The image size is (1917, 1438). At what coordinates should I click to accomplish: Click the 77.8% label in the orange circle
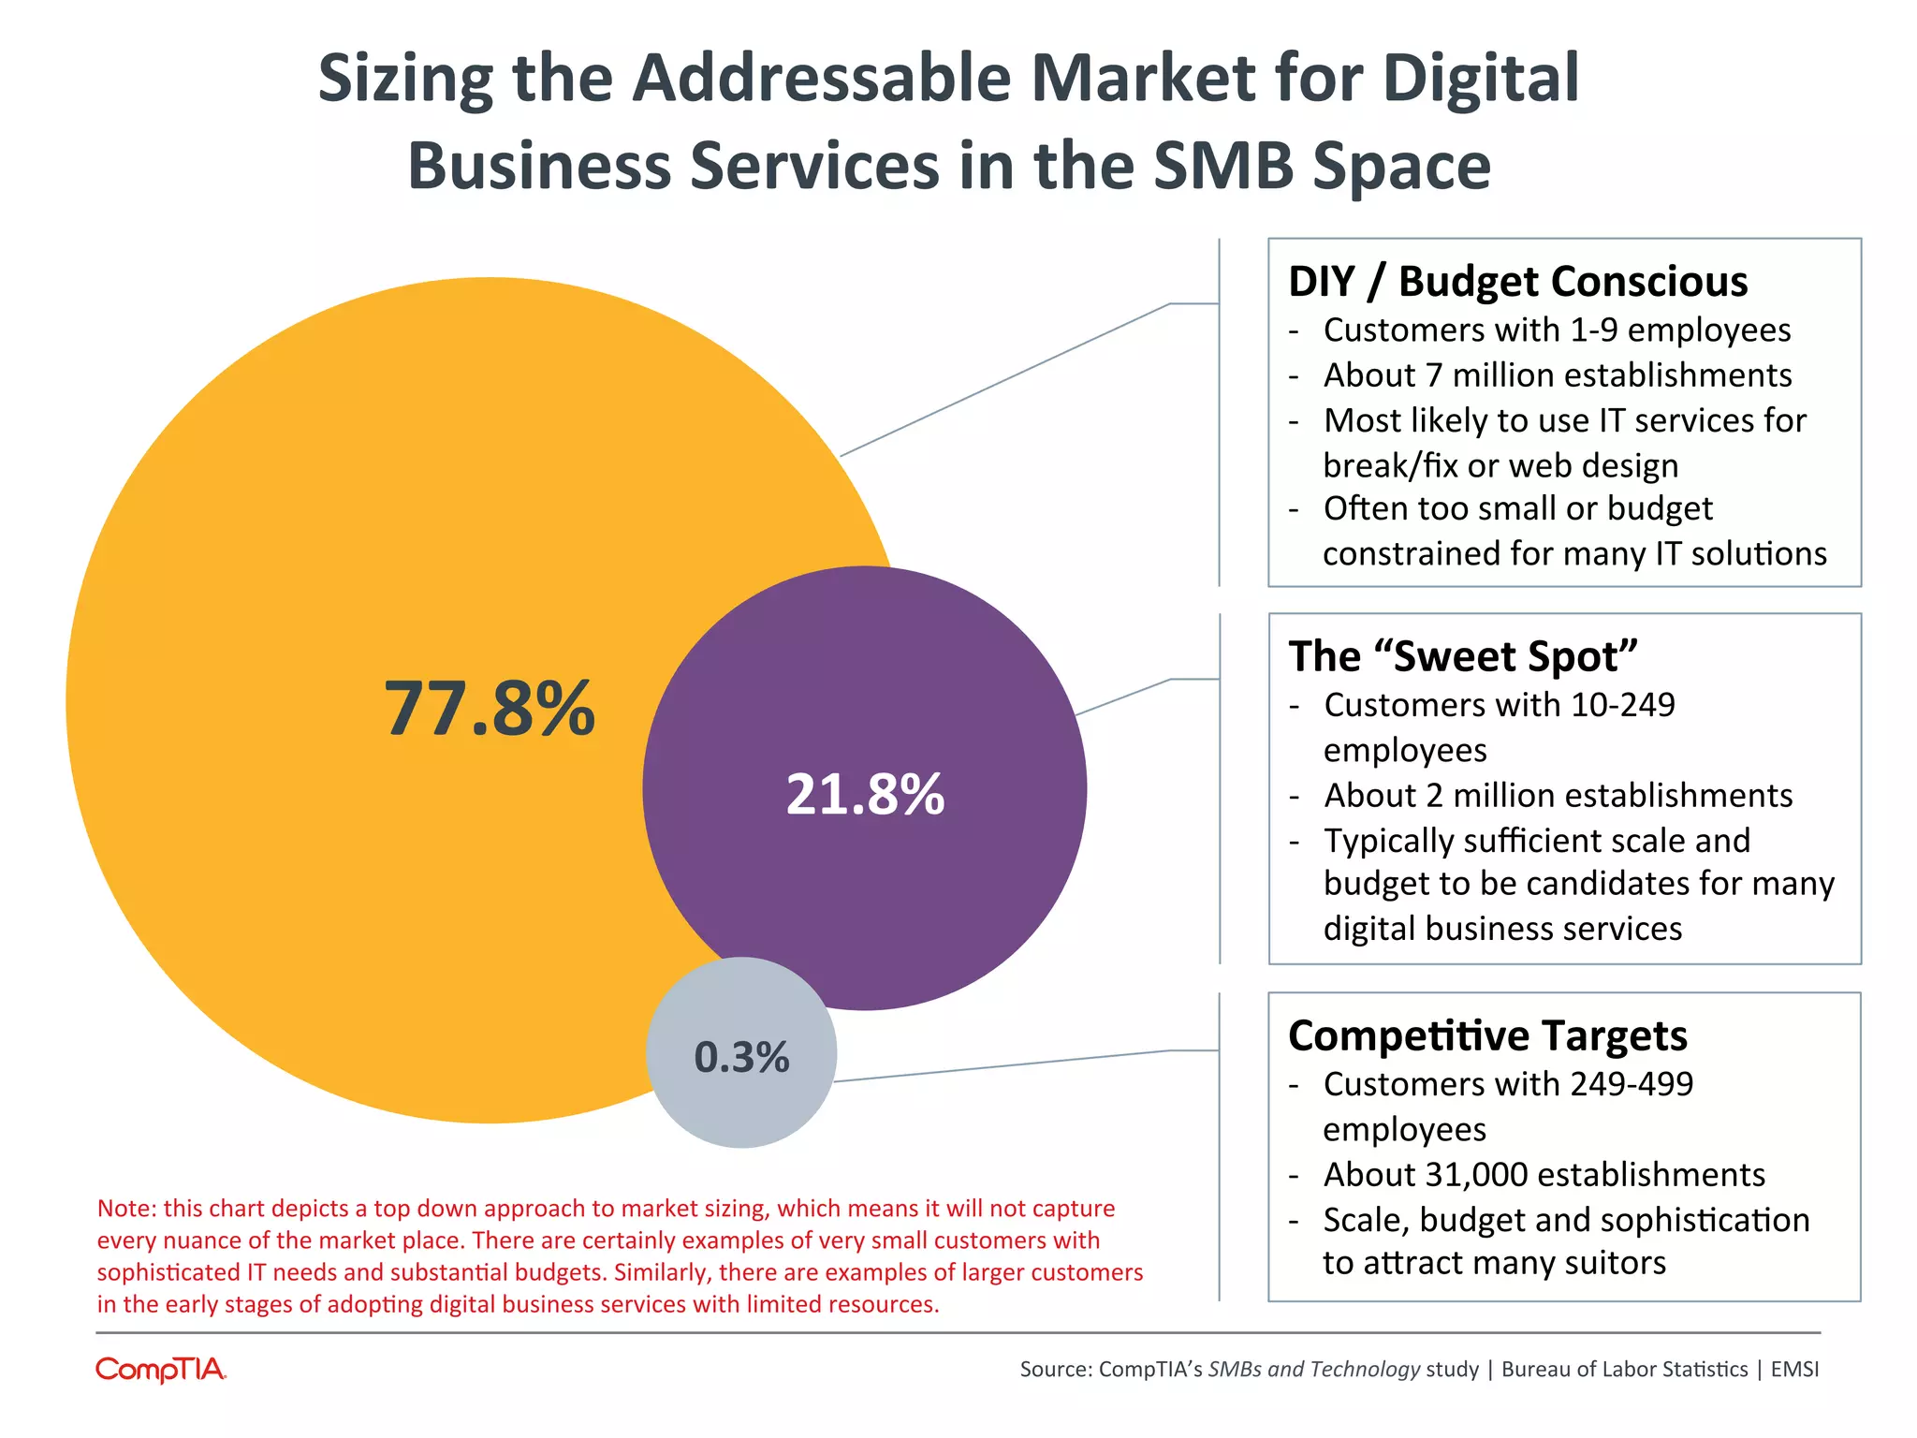490,709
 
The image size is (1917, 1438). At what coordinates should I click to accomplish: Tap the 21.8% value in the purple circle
865,795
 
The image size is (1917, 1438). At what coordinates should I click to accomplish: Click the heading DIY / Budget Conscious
1517,282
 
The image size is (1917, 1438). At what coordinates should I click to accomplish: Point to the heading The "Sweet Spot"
1463,656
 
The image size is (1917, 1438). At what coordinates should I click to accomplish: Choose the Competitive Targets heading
1487,1035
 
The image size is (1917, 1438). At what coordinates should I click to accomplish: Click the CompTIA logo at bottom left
161,1370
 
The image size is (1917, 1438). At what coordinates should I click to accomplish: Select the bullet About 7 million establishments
1558,375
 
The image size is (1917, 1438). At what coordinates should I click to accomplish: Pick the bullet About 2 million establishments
1558,796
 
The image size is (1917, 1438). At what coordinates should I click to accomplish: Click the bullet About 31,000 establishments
1544,1175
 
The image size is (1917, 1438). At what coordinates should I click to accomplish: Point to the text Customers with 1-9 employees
1557,330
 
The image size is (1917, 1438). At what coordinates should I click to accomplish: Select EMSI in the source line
1794,1370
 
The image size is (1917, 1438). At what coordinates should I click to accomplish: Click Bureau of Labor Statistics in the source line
1624,1370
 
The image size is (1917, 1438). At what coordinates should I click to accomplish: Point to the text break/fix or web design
1500,465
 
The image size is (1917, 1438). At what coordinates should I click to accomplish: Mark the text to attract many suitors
1494,1263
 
